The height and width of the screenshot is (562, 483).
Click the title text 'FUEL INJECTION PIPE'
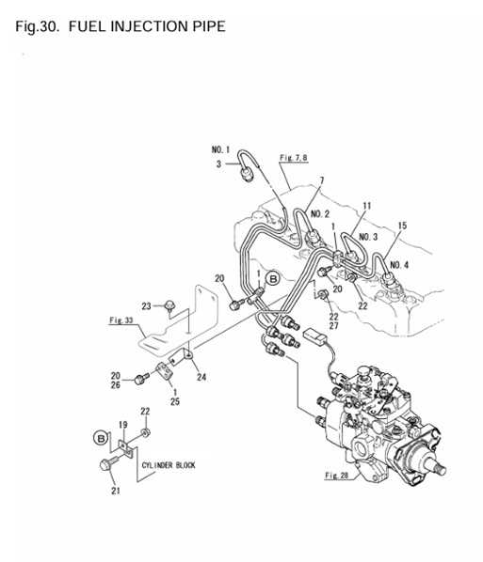[x=148, y=25]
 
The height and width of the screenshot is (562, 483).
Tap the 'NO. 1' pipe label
[x=220, y=149]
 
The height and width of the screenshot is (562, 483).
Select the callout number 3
[x=218, y=164]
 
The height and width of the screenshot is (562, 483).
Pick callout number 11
[x=367, y=205]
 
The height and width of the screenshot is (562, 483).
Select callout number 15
[x=402, y=226]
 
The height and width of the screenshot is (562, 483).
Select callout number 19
[x=122, y=424]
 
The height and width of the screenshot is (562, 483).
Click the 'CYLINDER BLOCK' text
[x=169, y=464]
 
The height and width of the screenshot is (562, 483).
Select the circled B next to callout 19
[x=101, y=437]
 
